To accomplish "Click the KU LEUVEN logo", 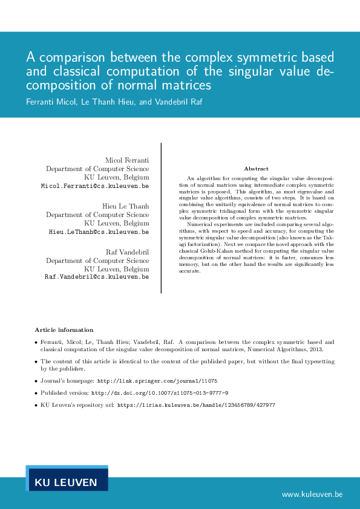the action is coord(67,482).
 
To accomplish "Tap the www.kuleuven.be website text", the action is coord(312,494).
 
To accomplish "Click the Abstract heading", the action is coord(256,169).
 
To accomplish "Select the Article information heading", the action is coord(64,329).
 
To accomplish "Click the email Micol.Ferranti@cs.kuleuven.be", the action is coord(95,187).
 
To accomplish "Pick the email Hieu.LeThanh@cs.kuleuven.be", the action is coord(99,232).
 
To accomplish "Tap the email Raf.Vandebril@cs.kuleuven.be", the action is coord(97,276).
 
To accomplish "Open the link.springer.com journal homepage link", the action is coord(157,381).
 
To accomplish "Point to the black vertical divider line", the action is coord(161,218).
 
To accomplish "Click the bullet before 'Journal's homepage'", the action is coord(36,381).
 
